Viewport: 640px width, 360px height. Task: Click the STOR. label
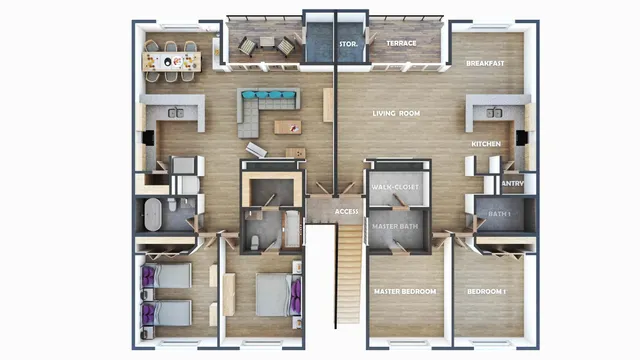(349, 44)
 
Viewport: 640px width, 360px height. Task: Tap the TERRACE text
(401, 44)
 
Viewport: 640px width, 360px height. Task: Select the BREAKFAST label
(484, 64)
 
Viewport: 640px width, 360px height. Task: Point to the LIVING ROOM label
(396, 114)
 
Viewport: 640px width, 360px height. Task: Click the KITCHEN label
(486, 145)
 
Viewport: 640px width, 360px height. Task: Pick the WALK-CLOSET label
(395, 188)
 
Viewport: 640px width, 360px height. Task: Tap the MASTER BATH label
(394, 227)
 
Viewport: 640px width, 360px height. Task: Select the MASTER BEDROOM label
(405, 292)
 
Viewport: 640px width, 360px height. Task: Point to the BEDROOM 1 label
(487, 292)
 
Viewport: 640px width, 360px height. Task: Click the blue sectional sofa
(268, 102)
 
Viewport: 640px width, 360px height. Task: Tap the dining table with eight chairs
(172, 62)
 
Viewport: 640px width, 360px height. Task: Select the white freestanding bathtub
(153, 215)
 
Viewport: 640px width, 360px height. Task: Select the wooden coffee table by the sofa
(288, 127)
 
